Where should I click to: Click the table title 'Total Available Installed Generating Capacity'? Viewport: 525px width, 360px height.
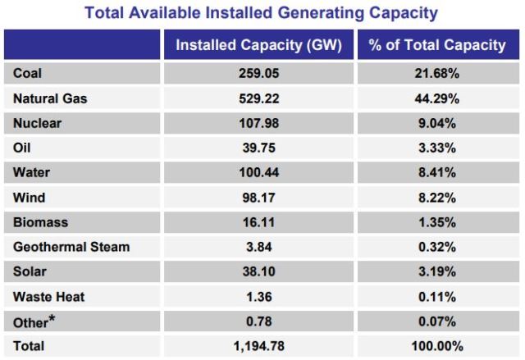(x=261, y=13)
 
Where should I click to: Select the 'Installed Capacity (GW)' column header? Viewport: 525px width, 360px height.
(x=259, y=45)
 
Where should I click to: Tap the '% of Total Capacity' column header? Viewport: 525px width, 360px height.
(x=437, y=45)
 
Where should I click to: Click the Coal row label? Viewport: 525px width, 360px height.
(x=27, y=73)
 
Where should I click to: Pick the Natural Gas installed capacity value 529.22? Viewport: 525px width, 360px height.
(x=259, y=98)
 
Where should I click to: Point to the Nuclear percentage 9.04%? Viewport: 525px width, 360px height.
(x=437, y=123)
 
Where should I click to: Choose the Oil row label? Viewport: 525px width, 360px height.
(x=22, y=148)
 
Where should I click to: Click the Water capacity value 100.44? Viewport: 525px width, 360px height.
(x=259, y=172)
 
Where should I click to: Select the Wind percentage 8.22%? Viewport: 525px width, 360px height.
(x=437, y=198)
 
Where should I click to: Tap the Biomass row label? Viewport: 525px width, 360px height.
(x=40, y=222)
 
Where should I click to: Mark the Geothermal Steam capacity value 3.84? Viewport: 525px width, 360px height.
(x=259, y=247)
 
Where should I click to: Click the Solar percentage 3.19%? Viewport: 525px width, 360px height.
(x=437, y=271)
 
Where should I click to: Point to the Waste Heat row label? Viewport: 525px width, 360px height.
(x=49, y=297)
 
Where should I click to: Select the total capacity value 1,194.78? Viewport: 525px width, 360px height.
(x=259, y=346)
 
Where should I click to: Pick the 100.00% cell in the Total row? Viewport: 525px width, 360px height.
(x=437, y=346)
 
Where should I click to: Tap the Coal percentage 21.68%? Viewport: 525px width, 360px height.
(x=437, y=73)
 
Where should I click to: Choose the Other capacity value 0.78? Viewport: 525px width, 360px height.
(x=259, y=321)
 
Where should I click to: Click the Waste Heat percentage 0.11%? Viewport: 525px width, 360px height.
(x=437, y=297)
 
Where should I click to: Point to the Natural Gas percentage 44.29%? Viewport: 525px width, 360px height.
(x=437, y=98)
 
